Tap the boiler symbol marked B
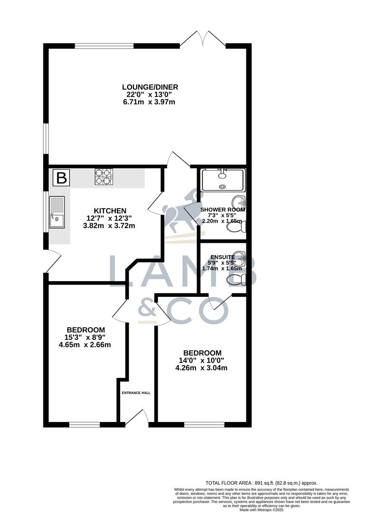(x=61, y=178)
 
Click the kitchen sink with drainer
(x=57, y=212)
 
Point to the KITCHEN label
(x=110, y=210)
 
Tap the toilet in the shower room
(x=236, y=228)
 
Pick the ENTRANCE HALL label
(x=136, y=393)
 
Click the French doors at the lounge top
(x=203, y=39)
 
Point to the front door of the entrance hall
(x=137, y=418)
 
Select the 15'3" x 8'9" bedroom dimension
(x=85, y=338)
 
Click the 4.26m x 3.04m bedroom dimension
(x=202, y=368)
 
